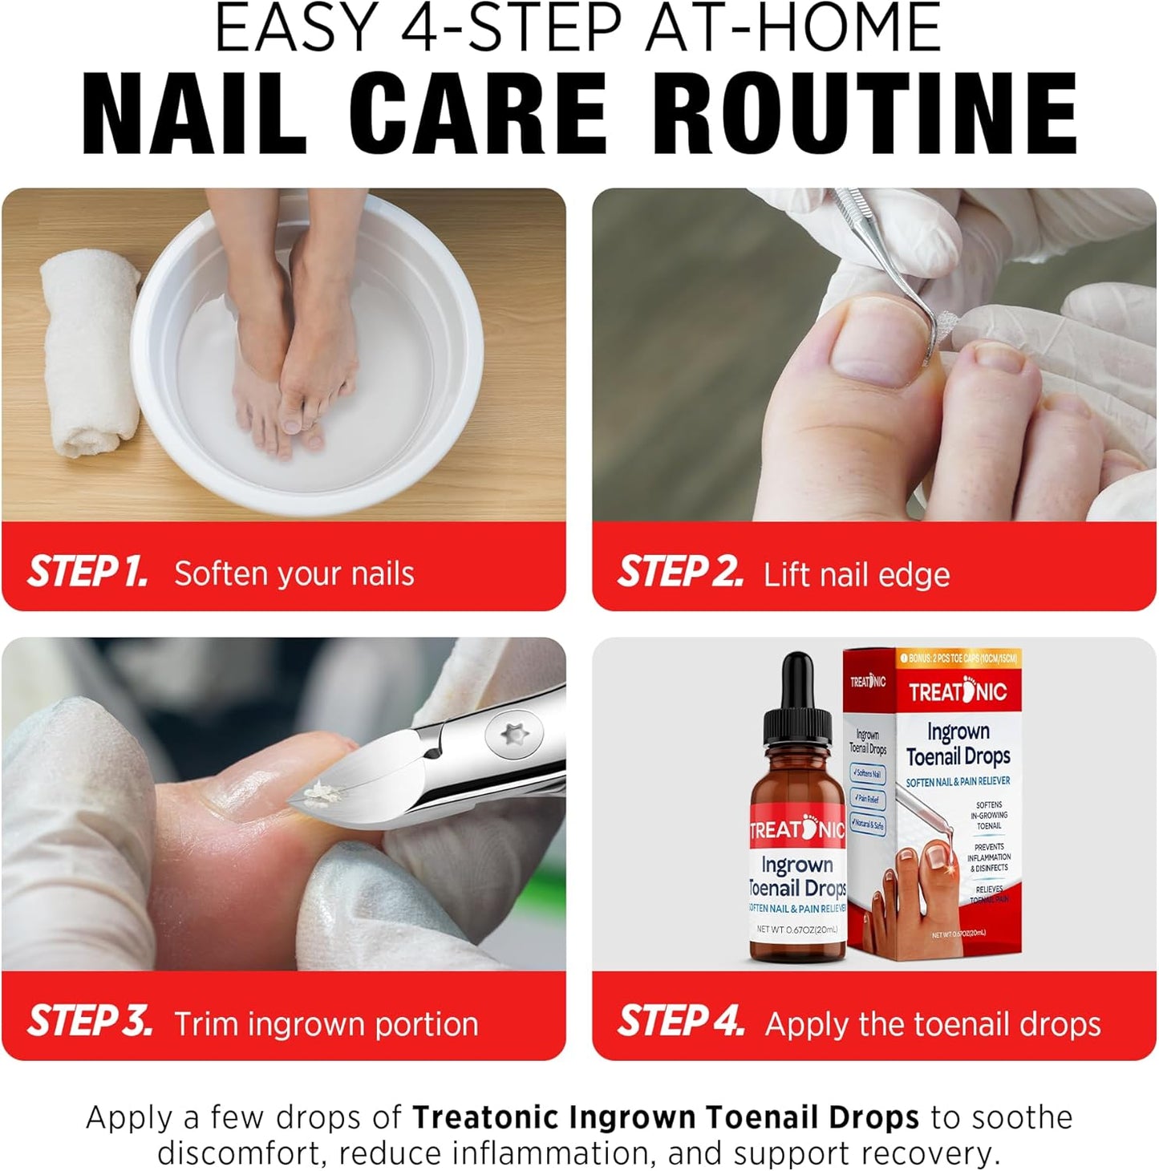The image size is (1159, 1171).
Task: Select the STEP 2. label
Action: tap(680, 572)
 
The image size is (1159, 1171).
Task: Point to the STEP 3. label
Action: tap(90, 1021)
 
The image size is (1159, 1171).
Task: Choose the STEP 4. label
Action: tap(681, 1021)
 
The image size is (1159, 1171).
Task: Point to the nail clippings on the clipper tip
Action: tap(323, 792)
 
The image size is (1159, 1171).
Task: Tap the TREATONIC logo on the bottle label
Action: tap(796, 829)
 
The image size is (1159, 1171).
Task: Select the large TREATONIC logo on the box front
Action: tap(958, 691)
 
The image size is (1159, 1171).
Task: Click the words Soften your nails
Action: tap(294, 574)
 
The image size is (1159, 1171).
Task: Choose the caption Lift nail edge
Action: tap(857, 575)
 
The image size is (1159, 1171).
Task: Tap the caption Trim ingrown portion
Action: tap(326, 1024)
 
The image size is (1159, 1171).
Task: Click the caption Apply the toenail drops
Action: tap(933, 1024)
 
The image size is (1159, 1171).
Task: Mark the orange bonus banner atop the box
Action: tap(958, 658)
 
